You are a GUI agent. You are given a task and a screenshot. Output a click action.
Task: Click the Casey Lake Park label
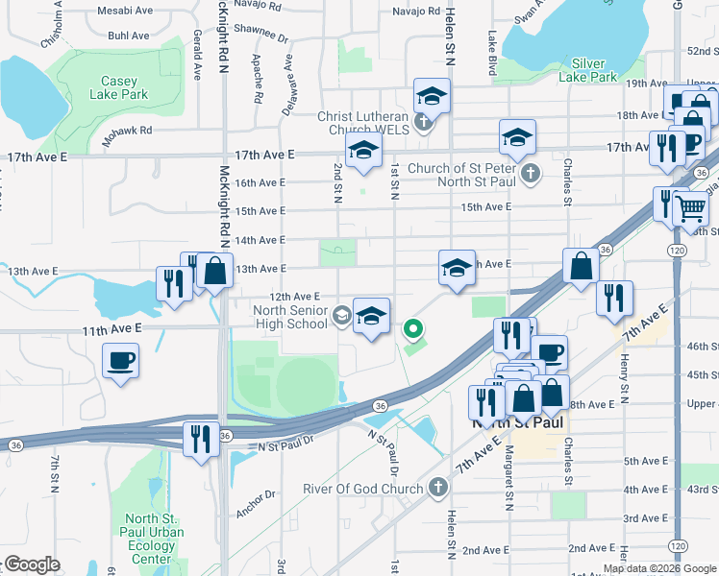119,88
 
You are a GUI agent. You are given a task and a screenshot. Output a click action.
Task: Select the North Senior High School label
290,317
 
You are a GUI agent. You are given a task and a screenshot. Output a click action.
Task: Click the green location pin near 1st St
414,329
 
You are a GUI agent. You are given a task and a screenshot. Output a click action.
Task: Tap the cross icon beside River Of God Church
438,488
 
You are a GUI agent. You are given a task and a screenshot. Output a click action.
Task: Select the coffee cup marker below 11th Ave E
121,361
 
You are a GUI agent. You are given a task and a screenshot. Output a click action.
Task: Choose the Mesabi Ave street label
130,11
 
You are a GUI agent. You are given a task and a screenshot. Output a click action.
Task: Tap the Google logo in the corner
32,564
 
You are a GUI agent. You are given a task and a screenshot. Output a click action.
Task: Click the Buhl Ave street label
129,36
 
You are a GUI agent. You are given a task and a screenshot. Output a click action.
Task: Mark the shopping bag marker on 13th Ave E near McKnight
216,271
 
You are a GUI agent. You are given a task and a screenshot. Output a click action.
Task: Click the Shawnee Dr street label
263,35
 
